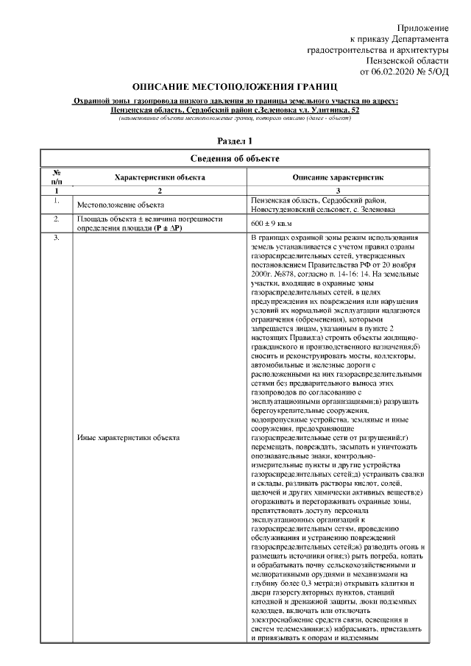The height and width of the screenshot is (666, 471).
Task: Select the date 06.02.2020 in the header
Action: (396, 72)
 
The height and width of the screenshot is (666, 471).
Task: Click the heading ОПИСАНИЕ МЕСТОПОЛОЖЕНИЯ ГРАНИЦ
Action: (235, 86)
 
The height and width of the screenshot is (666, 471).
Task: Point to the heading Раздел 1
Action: (235, 140)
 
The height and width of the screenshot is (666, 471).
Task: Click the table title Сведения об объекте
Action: (235, 158)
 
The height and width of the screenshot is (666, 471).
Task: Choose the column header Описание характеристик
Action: (339, 177)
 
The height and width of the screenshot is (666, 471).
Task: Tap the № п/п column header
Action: (56, 177)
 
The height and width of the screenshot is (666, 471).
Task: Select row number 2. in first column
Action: (56, 219)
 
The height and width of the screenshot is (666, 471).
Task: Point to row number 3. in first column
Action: (56, 238)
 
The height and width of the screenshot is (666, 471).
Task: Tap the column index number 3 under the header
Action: (339, 191)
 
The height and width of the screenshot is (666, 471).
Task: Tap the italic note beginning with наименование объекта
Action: (235, 118)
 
